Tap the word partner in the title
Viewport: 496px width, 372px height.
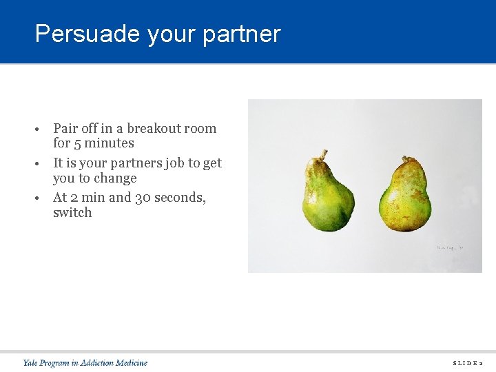click(x=242, y=34)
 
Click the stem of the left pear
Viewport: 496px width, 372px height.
click(x=321, y=154)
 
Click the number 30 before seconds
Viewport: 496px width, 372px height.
click(x=144, y=197)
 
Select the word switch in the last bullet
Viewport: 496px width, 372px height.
click(x=72, y=212)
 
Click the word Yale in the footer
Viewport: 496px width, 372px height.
click(x=31, y=362)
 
